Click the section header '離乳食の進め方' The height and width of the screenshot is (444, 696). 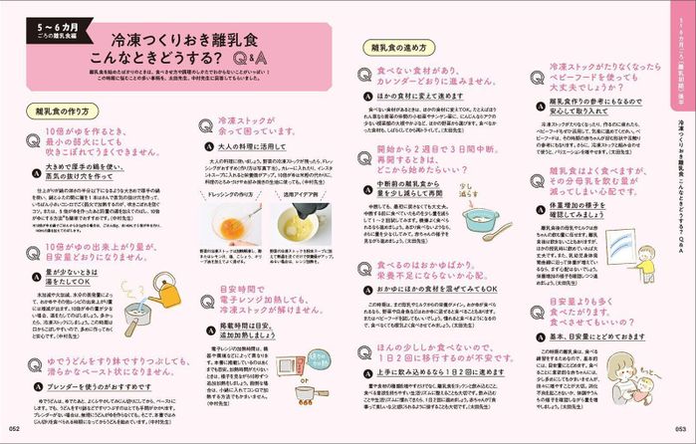pos(396,46)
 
